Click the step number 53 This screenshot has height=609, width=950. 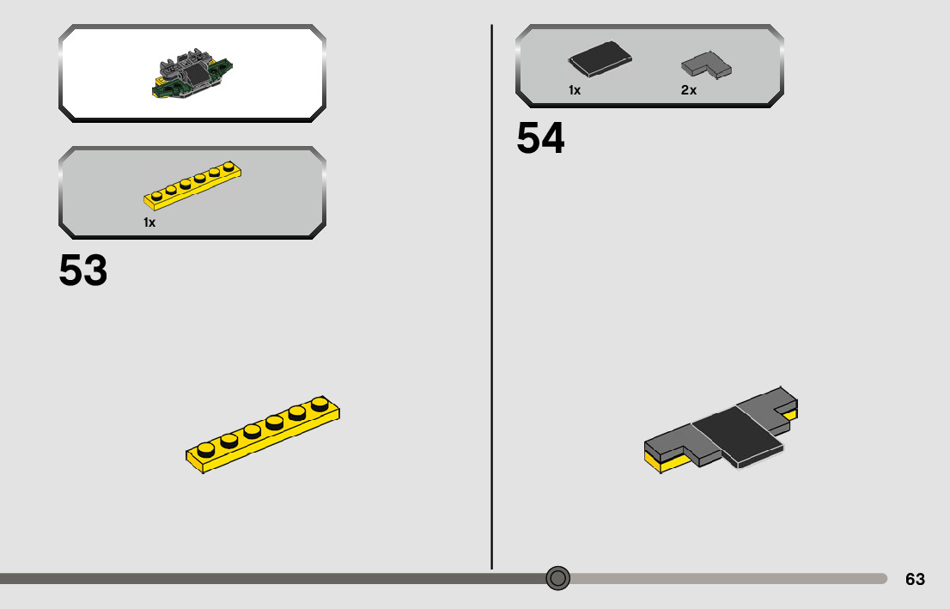[x=83, y=271]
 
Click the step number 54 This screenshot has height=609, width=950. [x=540, y=138]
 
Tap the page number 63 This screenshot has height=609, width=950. [x=915, y=579]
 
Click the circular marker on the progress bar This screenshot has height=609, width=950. [x=558, y=578]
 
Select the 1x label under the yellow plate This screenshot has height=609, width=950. [x=149, y=222]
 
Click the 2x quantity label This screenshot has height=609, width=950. [x=689, y=90]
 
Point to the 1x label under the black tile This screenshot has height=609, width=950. [x=575, y=90]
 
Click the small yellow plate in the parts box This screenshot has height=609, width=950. [x=193, y=185]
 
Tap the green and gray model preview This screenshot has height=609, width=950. [x=192, y=75]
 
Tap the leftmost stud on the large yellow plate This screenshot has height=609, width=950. [x=205, y=448]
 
